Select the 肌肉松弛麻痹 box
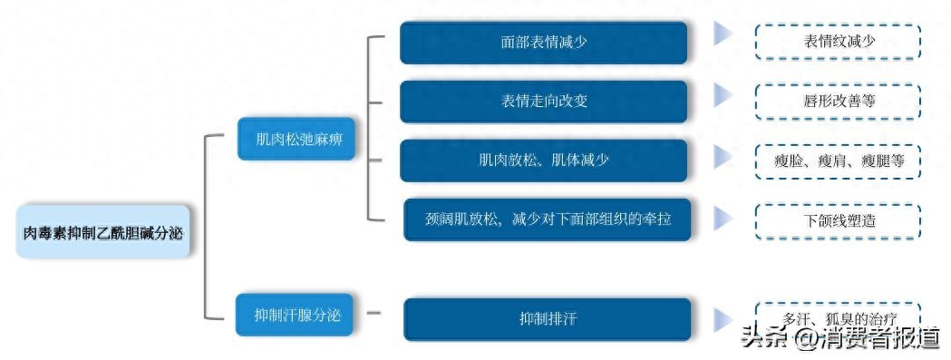point(296,140)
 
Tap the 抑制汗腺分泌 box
point(295,315)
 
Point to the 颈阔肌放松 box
point(548,219)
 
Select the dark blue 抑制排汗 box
point(548,318)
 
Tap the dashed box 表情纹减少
point(839,42)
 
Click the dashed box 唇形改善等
point(839,101)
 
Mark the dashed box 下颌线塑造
point(839,219)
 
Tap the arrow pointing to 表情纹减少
point(723,35)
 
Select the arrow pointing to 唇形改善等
point(723,95)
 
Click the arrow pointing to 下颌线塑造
point(723,218)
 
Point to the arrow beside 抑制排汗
point(723,318)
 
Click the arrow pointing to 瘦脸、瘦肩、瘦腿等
point(723,157)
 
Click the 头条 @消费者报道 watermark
point(839,339)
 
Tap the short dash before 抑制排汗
point(374,315)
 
